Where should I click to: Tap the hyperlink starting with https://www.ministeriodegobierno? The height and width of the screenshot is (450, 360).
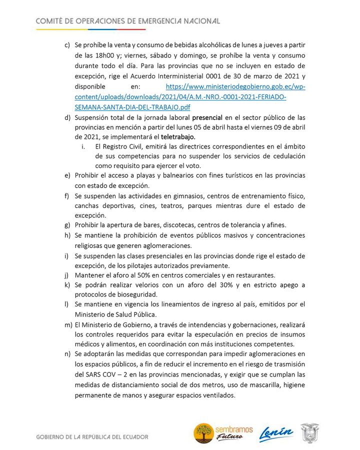pos(235,86)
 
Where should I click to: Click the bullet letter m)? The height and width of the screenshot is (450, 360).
pos(67,324)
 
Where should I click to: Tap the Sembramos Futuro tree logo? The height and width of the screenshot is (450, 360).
pos(204,433)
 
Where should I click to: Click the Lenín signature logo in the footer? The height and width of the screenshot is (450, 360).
pos(275,434)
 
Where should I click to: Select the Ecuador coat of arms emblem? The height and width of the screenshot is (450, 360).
pos(310,433)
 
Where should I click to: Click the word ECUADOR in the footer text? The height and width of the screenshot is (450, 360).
pos(134,437)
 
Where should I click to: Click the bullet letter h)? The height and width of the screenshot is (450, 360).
pos(67,235)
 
